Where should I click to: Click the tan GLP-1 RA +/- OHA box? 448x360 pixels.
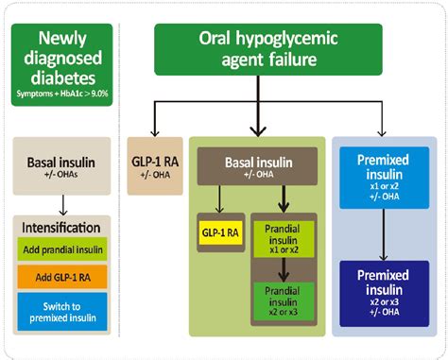click(x=155, y=163)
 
